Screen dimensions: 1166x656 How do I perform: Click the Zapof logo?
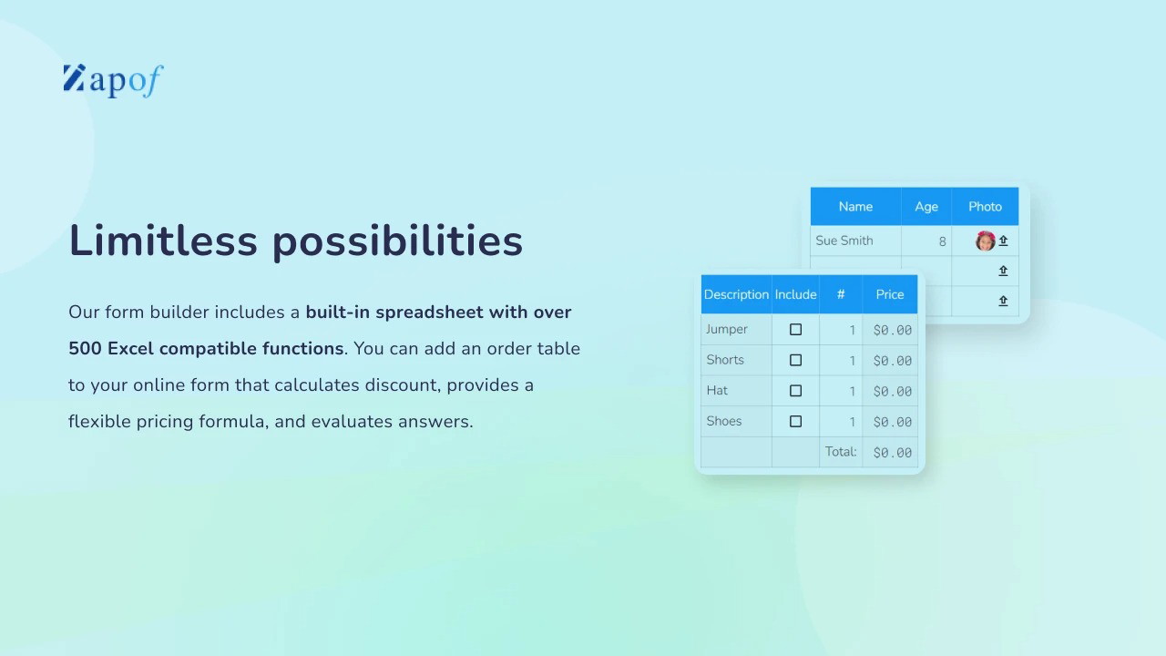click(114, 81)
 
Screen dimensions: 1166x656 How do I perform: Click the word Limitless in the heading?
click(163, 241)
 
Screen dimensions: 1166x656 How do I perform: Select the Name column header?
click(855, 207)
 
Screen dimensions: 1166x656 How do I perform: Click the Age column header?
click(926, 207)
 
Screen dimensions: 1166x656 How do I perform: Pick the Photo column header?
click(985, 207)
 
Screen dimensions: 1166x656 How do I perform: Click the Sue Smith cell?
click(844, 241)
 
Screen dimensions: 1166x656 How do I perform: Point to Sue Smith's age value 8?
click(942, 241)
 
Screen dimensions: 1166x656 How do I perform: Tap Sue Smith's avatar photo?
click(985, 241)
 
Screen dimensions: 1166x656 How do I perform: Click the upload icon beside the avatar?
click(1003, 241)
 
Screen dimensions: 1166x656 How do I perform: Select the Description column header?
click(736, 294)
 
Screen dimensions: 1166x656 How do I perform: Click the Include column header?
click(795, 294)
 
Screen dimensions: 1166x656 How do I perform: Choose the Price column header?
click(890, 294)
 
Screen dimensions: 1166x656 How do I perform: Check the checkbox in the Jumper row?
click(795, 330)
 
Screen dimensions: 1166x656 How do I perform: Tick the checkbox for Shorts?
click(795, 360)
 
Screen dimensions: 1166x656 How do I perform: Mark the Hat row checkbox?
click(795, 391)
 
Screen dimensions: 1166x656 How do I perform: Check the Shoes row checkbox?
click(795, 421)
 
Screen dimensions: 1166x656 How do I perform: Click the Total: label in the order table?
click(841, 451)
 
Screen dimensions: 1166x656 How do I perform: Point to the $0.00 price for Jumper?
click(892, 330)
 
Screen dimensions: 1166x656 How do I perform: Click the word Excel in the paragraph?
click(130, 348)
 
